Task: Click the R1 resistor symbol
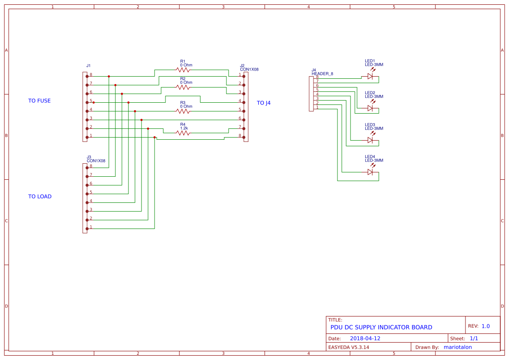point(183,70)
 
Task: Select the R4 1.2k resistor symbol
point(183,133)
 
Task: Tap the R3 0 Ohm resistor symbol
point(183,111)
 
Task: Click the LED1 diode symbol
point(370,76)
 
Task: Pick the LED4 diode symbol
point(370,172)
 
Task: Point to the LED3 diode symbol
point(370,140)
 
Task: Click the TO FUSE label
point(39,101)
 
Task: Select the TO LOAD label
point(40,196)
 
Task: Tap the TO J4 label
point(263,103)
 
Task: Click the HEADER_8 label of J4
point(322,74)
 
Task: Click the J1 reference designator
point(88,65)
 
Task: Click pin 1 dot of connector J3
point(87,229)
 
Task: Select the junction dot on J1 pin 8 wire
point(109,76)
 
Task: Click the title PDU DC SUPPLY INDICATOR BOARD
point(381,327)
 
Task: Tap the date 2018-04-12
point(365,338)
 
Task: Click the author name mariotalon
point(457,347)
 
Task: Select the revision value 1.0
point(485,326)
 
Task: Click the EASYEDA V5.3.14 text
point(348,347)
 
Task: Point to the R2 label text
point(182,79)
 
